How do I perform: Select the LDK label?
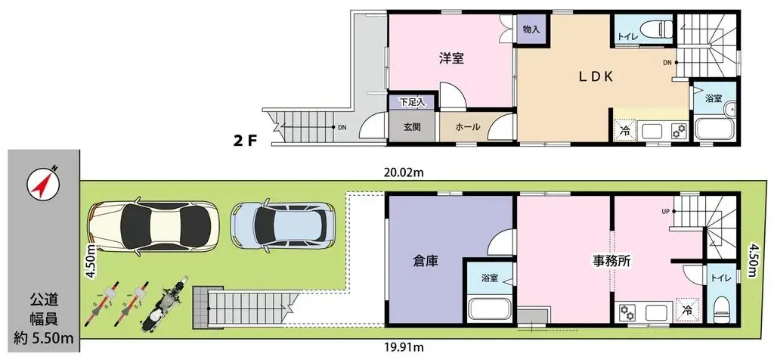600,76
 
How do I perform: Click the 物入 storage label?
531,30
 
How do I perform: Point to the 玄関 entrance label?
412,127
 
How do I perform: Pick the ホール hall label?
467,127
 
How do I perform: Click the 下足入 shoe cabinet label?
412,101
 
